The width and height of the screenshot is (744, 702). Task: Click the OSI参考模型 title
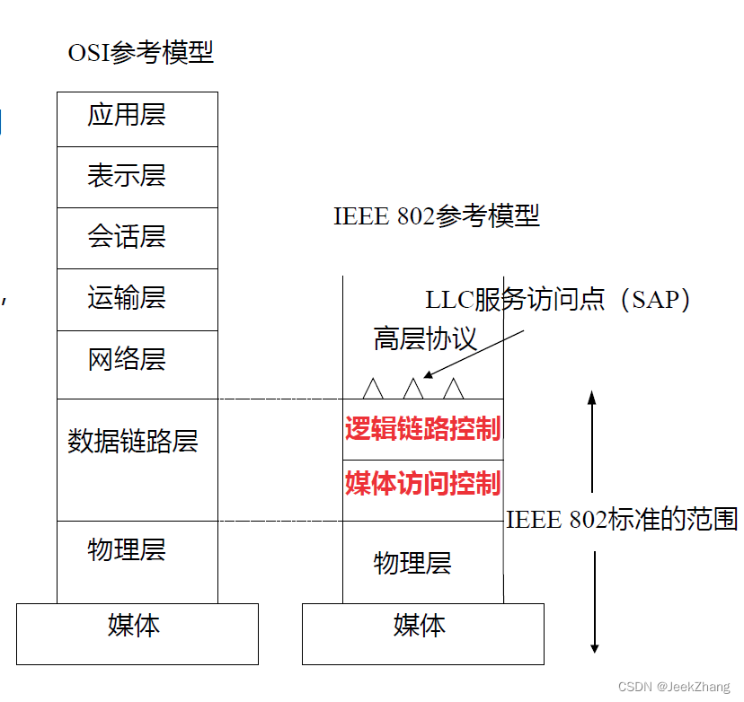coord(141,52)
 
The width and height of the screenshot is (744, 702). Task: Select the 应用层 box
coord(127,116)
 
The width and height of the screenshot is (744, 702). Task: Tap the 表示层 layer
coord(127,175)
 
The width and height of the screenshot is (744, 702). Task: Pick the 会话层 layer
coord(127,237)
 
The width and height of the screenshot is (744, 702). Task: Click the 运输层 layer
coord(127,298)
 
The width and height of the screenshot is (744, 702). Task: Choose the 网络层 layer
coord(127,360)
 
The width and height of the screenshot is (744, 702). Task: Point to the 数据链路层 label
coord(132,442)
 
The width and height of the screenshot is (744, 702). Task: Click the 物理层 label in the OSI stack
coord(127,549)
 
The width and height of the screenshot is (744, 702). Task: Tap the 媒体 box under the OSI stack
coord(137,626)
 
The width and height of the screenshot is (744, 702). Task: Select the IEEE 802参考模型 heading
coord(437,216)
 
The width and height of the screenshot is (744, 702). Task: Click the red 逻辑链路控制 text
coord(422,428)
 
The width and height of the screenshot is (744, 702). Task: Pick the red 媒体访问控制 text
coord(422,484)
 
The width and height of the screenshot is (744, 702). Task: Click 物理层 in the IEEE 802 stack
coord(412,564)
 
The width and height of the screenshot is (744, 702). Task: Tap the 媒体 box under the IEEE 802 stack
coord(421,626)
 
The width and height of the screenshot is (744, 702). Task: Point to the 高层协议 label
coord(425,339)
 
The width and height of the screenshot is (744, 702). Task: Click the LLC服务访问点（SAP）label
coord(558,300)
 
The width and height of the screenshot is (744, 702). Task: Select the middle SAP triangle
coord(412,389)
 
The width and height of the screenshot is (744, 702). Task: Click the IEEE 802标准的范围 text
coord(622,520)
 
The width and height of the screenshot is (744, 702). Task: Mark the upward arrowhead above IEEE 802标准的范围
coord(593,395)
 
